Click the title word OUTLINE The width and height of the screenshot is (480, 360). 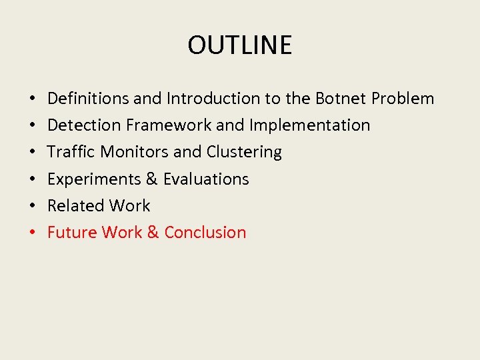[x=239, y=45]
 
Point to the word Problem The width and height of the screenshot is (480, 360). [x=403, y=99]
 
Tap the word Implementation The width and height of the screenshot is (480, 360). [x=309, y=125]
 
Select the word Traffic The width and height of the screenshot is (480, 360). [x=71, y=152]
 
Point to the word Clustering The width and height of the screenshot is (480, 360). [x=244, y=152]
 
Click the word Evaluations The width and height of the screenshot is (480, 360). [x=206, y=179]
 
